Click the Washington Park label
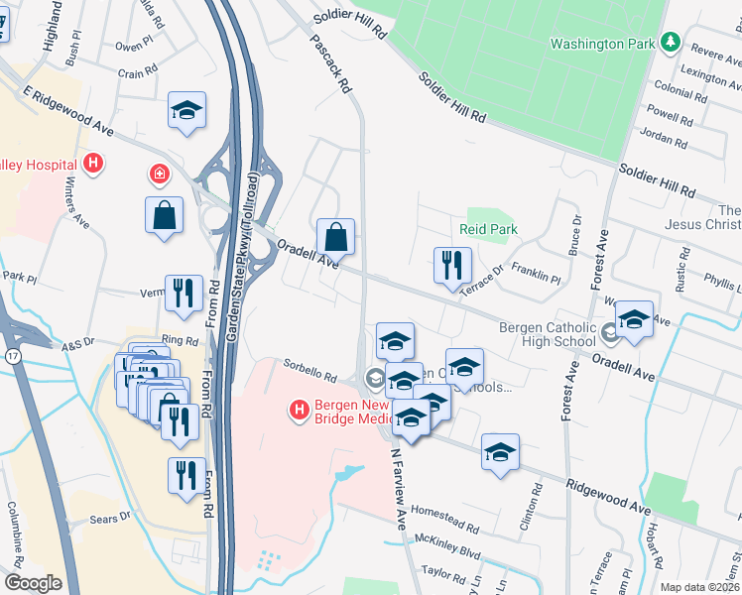(603, 44)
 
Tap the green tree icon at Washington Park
(672, 43)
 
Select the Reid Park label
(489, 229)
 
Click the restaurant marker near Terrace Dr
(452, 265)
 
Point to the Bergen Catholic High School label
(548, 335)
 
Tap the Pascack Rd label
(332, 63)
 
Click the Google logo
(33, 583)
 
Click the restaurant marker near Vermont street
(184, 292)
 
